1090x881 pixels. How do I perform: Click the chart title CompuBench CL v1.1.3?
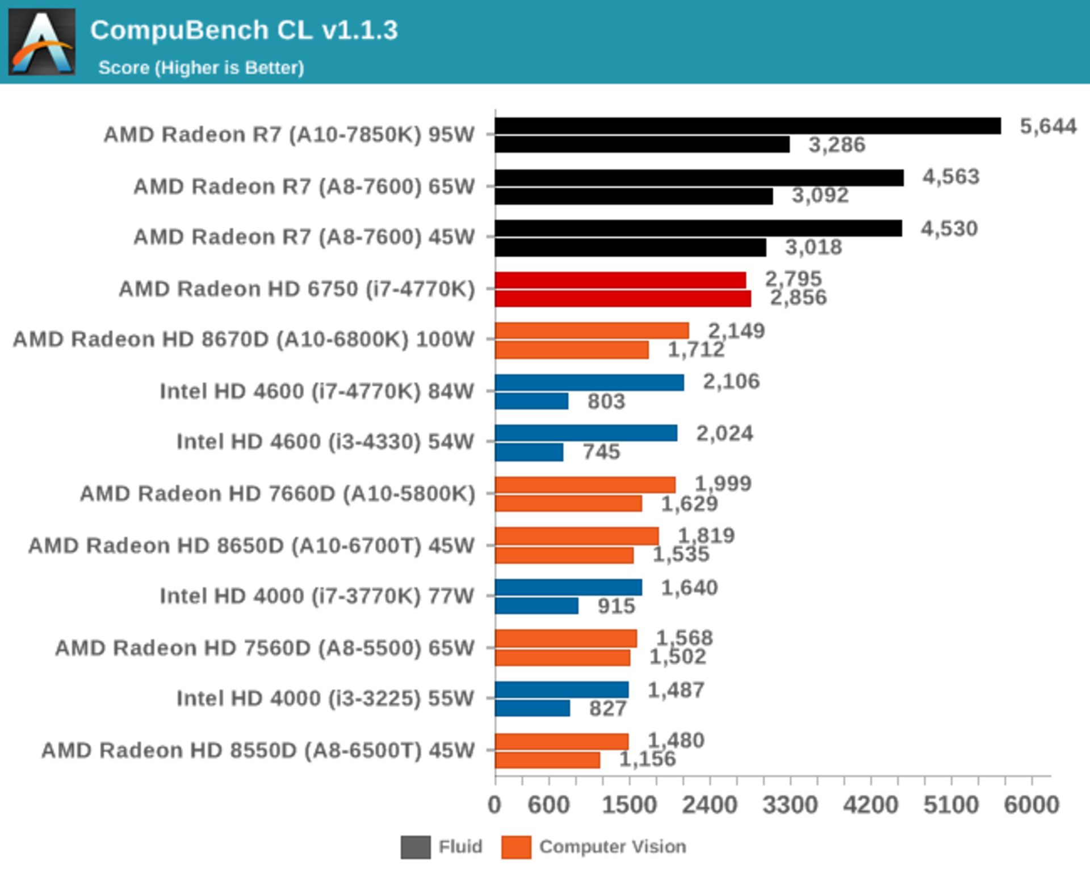click(244, 30)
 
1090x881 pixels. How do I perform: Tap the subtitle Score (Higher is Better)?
click(201, 68)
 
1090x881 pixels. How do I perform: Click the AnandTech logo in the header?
click(41, 41)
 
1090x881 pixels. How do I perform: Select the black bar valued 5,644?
click(747, 126)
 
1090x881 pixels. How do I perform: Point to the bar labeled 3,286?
click(642, 145)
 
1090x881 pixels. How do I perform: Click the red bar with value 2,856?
click(623, 299)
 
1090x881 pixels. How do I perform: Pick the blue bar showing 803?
click(531, 401)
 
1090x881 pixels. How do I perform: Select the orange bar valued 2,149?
click(592, 331)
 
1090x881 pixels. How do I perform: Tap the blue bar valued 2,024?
click(586, 433)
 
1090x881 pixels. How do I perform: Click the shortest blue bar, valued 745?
click(529, 452)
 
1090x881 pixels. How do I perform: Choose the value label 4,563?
click(951, 177)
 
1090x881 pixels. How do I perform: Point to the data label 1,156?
click(647, 759)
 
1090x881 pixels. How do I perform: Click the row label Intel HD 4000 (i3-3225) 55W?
click(325, 698)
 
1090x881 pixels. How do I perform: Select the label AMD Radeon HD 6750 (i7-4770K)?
click(296, 289)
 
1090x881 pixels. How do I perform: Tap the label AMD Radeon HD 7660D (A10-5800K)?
click(277, 494)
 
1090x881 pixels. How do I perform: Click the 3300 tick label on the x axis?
click(790, 805)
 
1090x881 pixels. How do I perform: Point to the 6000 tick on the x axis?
click(1032, 805)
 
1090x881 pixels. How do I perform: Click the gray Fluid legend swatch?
click(415, 847)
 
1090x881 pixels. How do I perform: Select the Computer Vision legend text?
click(612, 846)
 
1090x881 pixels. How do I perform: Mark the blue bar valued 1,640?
click(568, 587)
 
